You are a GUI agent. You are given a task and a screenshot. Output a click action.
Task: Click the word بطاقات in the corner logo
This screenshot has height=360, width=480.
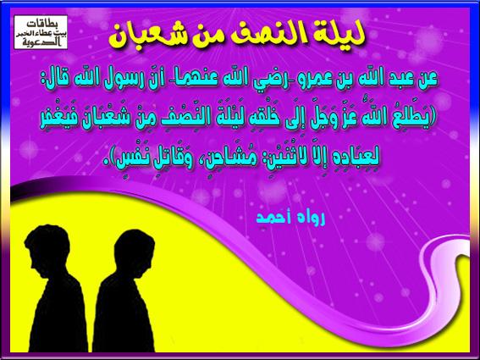click(x=41, y=24)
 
